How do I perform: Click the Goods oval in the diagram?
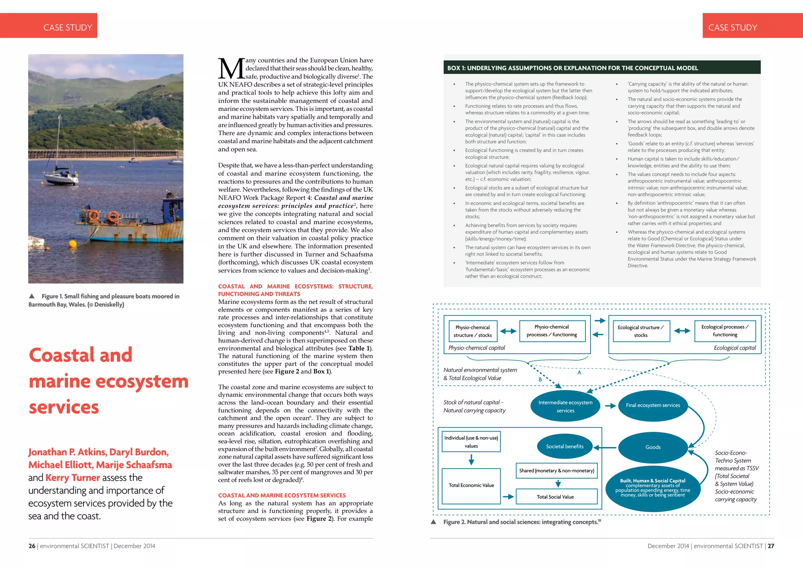coord(653,447)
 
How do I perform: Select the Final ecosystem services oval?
coord(653,405)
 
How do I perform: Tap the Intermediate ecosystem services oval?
coord(565,406)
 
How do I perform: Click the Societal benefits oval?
coord(565,446)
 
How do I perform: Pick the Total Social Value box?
coord(556,497)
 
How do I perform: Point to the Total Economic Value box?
coord(471,486)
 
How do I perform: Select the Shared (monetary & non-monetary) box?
coord(556,471)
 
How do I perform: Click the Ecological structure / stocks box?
coord(641,331)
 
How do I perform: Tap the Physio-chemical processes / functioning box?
coord(552,331)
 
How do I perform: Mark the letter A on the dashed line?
coord(579,372)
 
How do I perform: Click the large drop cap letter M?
coord(232,69)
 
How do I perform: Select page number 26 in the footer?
coord(32,546)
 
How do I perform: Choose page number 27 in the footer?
coord(771,546)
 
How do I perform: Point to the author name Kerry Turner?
coord(73,478)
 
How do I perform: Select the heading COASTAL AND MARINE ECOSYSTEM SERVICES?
coord(282,495)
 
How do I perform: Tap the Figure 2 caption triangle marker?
coord(434,522)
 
